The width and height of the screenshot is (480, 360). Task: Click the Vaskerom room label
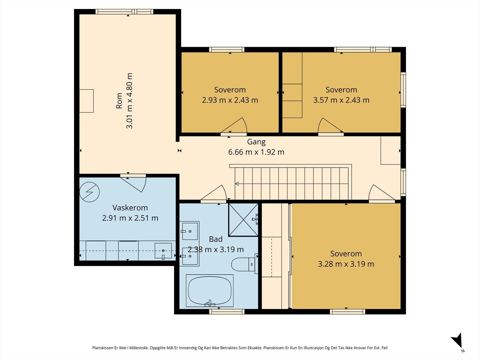pos(130,207)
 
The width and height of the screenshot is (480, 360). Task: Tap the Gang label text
pos(256,142)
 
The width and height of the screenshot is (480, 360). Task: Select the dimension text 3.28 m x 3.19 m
pos(346,264)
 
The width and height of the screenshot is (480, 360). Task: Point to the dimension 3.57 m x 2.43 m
pos(341,100)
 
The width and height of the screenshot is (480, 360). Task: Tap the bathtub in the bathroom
pos(210,291)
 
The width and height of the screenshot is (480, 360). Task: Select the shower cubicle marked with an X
pos(243,220)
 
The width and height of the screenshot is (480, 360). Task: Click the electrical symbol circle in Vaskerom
pos(89,192)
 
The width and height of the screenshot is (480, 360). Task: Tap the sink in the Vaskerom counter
pos(163,251)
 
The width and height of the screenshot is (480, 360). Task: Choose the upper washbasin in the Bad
pos(189,231)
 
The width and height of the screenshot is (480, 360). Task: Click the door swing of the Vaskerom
pos(133,183)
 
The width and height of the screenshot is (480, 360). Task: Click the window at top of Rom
pos(124,12)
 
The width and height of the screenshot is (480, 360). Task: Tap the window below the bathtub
pos(226,312)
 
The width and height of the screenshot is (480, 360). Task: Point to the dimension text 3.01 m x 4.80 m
pos(129,101)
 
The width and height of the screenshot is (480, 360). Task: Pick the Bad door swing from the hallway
pos(213,193)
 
